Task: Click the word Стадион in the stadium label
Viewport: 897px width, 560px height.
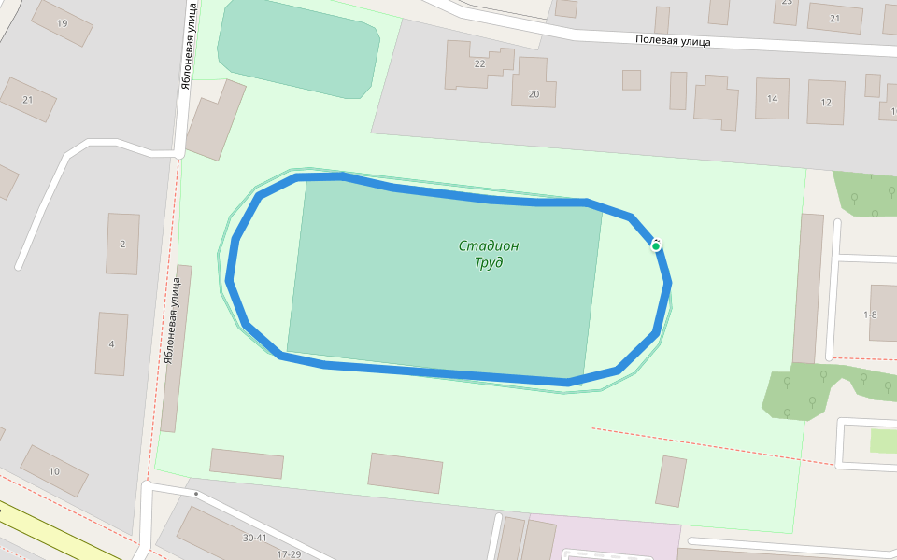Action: [488, 246]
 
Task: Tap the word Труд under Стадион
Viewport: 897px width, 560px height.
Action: [488, 263]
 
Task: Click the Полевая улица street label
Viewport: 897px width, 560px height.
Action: [672, 40]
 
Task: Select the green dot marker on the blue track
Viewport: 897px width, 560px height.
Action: [656, 245]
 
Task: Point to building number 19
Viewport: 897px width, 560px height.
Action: [62, 23]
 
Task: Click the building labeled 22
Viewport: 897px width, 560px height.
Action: [479, 63]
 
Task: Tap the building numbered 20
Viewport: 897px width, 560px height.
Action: [534, 93]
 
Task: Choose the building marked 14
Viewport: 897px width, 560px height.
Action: [772, 98]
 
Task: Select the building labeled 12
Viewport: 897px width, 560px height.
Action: [826, 102]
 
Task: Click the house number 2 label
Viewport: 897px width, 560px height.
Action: [122, 244]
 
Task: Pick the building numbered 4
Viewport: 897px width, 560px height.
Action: [111, 343]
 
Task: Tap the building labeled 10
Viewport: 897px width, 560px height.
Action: [54, 471]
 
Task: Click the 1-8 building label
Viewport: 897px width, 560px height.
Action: [870, 315]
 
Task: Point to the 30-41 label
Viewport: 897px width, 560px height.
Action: [254, 538]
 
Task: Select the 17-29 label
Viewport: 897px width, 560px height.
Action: [289, 554]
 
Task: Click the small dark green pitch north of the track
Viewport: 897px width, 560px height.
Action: [297, 47]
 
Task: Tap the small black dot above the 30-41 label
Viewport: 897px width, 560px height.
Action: [196, 493]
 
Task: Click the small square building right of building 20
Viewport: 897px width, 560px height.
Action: [632, 79]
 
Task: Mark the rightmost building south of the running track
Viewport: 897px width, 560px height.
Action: [671, 481]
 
